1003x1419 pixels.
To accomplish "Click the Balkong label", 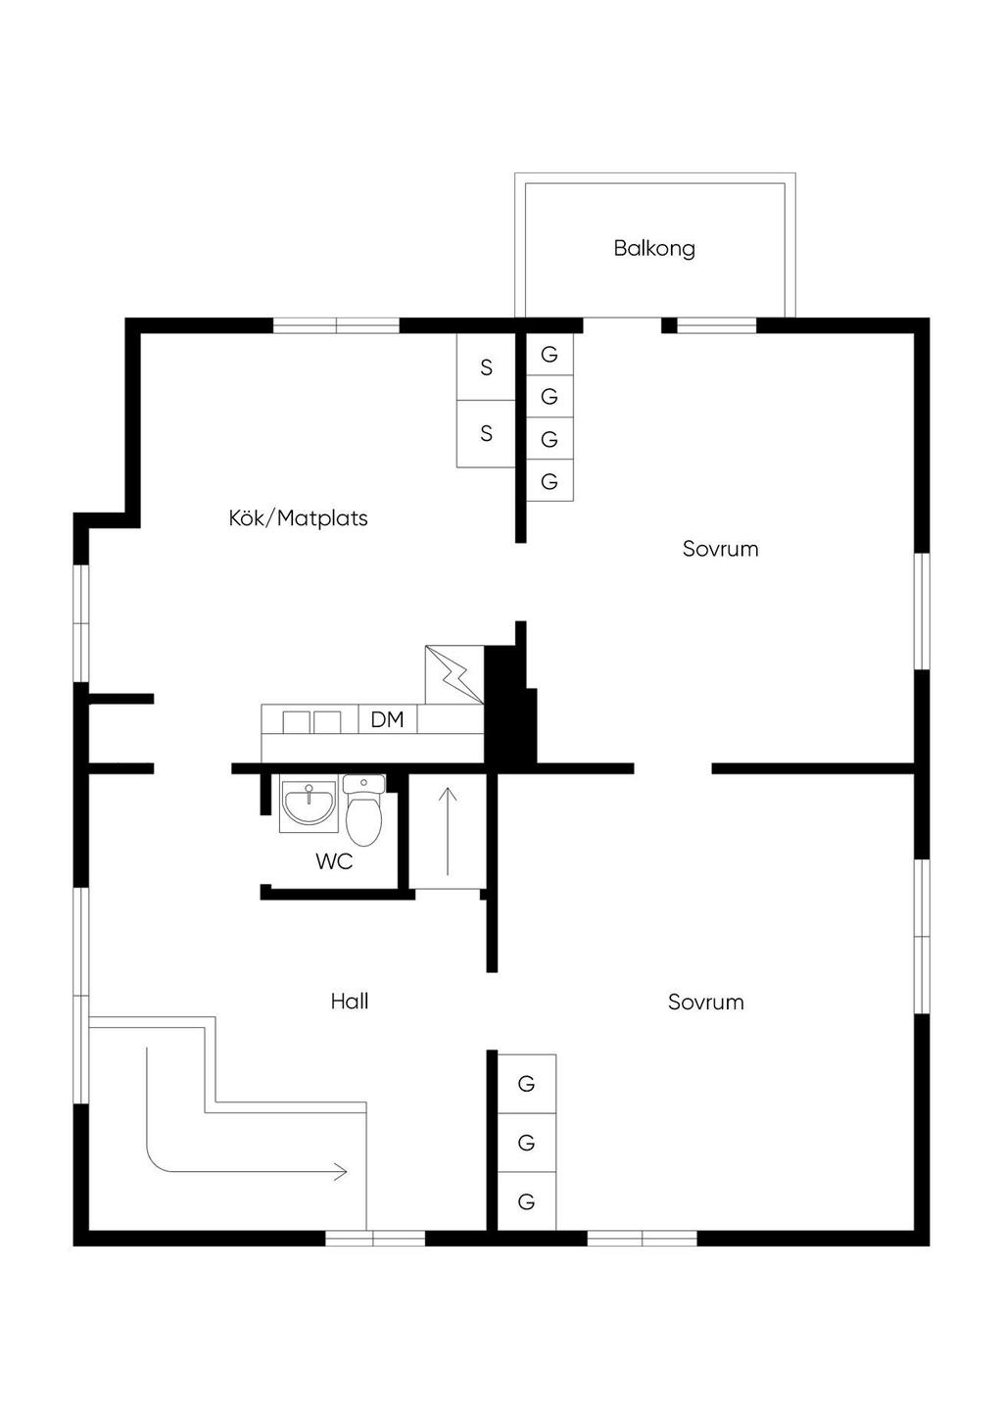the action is [x=654, y=248].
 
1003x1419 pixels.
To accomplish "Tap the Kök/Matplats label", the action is [x=298, y=518].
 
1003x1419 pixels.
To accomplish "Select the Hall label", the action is [x=350, y=1001].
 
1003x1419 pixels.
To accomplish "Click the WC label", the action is [x=334, y=860].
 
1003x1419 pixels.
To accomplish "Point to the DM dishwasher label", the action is [x=387, y=719].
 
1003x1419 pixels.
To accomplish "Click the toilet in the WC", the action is [x=364, y=810].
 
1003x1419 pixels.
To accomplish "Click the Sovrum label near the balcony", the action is [x=721, y=549].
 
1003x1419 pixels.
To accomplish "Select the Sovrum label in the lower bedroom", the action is [x=706, y=1002].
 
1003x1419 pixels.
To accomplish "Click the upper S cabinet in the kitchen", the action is [x=486, y=367].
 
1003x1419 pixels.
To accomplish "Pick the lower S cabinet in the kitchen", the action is [x=486, y=434].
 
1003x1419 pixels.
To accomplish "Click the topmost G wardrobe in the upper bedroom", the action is [x=549, y=354].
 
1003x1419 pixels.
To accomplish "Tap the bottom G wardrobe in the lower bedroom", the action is [x=527, y=1201].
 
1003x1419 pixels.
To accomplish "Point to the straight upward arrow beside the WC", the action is [x=448, y=831].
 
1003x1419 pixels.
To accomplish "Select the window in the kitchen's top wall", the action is [x=336, y=325].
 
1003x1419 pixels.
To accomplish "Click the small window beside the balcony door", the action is [x=717, y=325].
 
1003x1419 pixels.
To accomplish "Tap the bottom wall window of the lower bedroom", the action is [x=643, y=1238].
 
